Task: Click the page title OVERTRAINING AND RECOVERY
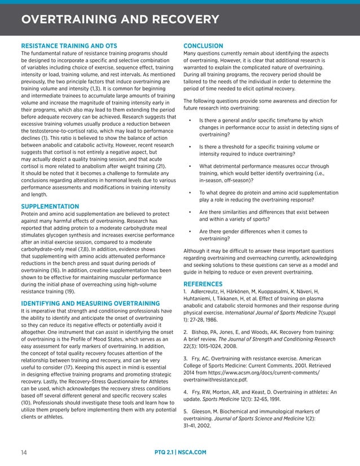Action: tap(120, 20)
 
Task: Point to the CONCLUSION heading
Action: tap(204, 46)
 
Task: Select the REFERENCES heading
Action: tap(203, 283)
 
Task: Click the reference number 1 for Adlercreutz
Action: tap(186, 291)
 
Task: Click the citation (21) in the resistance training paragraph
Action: tap(160, 166)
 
